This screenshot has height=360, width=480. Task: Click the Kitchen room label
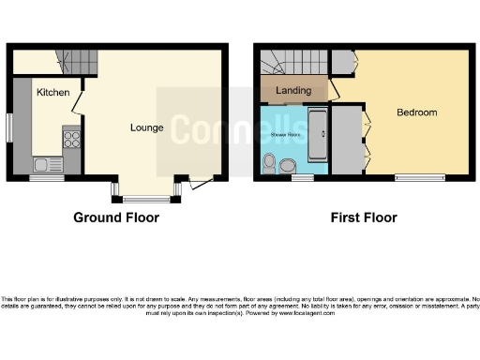point(53,93)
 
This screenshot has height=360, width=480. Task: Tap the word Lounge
point(146,127)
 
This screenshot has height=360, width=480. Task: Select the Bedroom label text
point(416,112)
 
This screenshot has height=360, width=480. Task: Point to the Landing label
point(292,90)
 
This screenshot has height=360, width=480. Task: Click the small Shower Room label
point(288,135)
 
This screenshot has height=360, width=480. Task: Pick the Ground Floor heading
point(116,217)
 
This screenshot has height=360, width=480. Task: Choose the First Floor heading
point(364,217)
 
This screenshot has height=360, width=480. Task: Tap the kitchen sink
point(44,166)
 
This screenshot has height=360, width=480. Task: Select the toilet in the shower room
point(271,166)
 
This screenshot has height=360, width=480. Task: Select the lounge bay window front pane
point(142,198)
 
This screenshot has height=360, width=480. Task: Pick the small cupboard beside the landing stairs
point(341,62)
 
